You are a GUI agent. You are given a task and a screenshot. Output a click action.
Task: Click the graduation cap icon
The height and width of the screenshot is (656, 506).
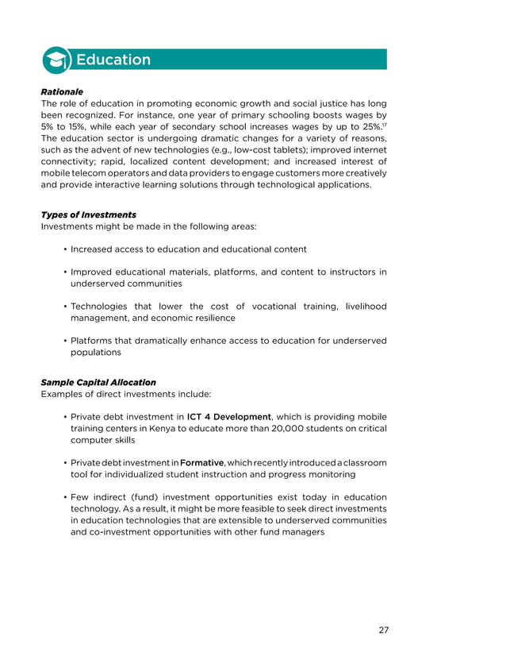coord(56,60)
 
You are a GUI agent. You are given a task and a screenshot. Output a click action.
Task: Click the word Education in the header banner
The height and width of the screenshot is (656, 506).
coord(112,60)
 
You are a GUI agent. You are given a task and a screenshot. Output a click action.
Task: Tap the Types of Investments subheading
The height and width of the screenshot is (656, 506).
coord(88,214)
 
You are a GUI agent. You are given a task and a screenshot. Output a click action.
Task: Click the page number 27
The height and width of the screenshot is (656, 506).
coord(383,630)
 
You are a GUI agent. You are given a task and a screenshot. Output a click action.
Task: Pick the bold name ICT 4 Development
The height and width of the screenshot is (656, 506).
coord(229,416)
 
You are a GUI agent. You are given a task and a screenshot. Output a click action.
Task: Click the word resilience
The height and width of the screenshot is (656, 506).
coord(210,318)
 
